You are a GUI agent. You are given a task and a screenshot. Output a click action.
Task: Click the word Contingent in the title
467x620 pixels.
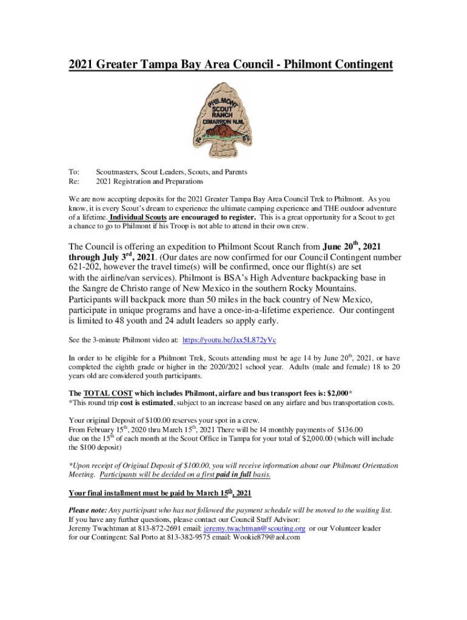(x=359, y=64)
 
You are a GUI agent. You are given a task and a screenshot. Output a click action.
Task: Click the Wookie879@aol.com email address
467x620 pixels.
(x=267, y=537)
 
